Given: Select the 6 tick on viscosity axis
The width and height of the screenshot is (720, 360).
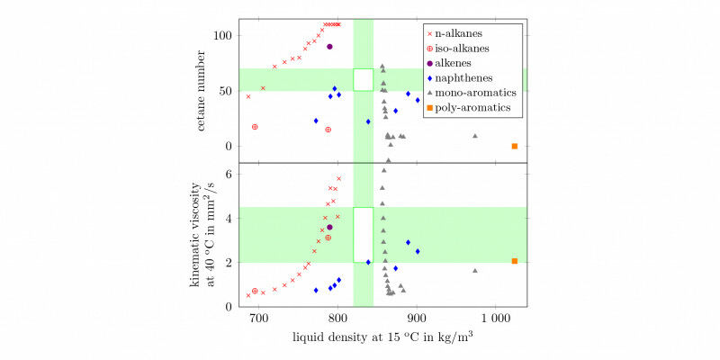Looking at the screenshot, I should coord(229,174).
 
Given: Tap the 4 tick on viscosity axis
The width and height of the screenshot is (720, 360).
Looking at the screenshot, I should coord(229,218).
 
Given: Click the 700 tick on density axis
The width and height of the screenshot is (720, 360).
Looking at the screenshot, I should coord(258,318).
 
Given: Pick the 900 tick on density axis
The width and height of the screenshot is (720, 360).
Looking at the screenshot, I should coord(417,318).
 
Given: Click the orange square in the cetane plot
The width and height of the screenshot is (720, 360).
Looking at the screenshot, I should coord(515,146).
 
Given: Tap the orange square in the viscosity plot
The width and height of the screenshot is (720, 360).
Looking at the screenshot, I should coord(515,261).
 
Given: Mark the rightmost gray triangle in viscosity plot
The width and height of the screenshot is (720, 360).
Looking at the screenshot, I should coord(475,270).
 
